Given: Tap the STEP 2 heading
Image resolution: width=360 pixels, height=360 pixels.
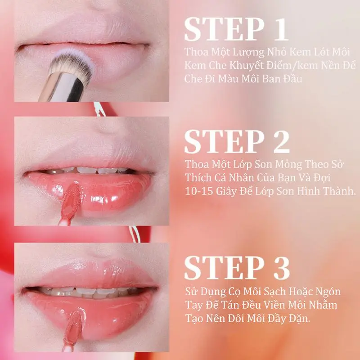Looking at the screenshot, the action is point(237,141).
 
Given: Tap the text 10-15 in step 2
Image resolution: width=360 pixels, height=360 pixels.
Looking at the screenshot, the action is point(199,191).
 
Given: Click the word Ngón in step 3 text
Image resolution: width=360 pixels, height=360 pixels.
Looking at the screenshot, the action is point(328,292).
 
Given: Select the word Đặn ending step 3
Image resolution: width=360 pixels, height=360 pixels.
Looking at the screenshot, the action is point(299,318).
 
